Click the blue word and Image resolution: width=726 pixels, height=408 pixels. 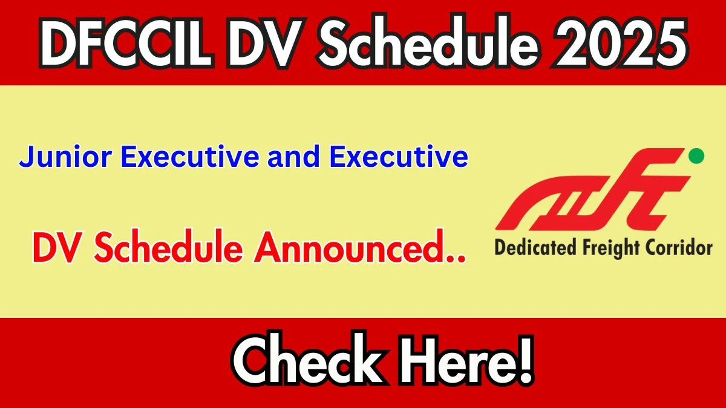click(294, 157)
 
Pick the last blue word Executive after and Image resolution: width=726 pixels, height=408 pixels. click(399, 157)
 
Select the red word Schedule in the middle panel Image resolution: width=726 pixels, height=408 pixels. click(168, 246)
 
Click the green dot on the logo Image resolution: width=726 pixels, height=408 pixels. click(696, 156)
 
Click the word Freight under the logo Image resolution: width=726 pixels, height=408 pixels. click(610, 248)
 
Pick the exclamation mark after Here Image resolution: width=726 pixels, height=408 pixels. click(523, 360)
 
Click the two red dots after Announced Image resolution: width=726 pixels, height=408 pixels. click(455, 257)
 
